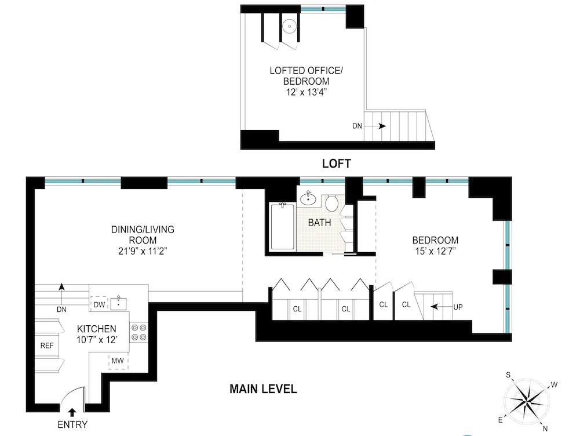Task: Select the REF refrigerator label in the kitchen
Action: pos(47,346)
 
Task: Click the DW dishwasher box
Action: pos(98,303)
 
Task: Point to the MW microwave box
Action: pos(118,361)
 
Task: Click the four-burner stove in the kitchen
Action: pos(139,330)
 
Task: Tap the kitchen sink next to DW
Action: pos(119,301)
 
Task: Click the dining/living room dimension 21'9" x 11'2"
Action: pos(143,250)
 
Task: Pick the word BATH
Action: pos(319,223)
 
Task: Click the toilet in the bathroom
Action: pos(332,203)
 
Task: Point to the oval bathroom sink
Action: pos(308,199)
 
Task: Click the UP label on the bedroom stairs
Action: pos(458,307)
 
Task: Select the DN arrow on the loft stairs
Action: pos(381,126)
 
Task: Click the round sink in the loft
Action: pos(289,26)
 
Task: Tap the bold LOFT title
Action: pos(337,164)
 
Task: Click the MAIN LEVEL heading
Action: pos(262,389)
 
